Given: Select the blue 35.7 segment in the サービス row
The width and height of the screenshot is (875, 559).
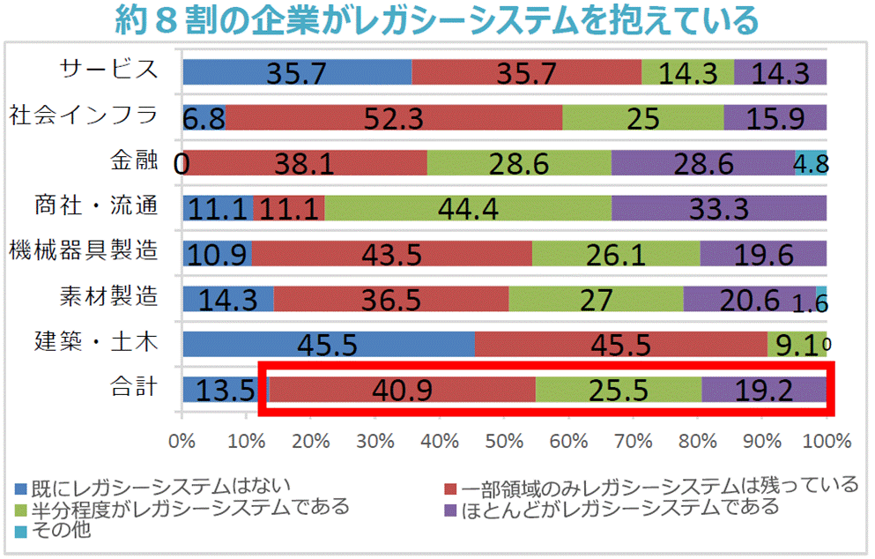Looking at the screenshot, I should click(x=297, y=71).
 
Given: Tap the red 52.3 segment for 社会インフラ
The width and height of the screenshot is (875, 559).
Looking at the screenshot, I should click(x=394, y=117).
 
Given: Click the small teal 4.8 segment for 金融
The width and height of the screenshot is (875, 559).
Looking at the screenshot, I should click(x=811, y=162).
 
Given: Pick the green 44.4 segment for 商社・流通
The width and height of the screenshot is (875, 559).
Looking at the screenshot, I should click(x=468, y=208).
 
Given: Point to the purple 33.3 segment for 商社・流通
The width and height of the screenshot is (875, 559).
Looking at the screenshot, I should click(x=719, y=208).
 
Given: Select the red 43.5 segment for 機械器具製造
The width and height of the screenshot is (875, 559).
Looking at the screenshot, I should click(x=391, y=253).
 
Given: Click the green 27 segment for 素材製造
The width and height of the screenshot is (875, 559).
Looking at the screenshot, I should click(x=596, y=299).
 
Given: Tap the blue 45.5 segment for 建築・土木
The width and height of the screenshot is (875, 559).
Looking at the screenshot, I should click(x=329, y=344).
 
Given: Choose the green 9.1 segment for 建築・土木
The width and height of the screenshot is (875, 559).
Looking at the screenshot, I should click(x=796, y=344).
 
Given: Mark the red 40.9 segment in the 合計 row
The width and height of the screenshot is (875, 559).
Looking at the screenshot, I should click(x=402, y=389).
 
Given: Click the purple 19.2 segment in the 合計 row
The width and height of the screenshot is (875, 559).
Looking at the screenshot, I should click(x=764, y=389).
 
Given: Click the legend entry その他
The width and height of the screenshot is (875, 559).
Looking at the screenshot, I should click(x=62, y=530).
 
